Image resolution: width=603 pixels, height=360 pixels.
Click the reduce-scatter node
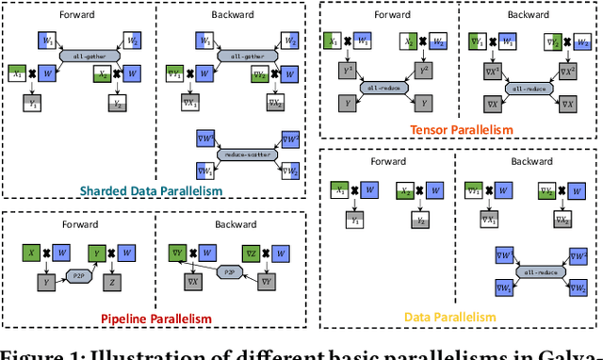(x=241, y=154)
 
